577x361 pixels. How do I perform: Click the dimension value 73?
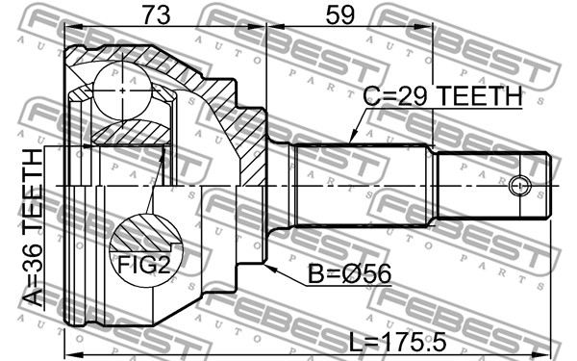coord(157,15)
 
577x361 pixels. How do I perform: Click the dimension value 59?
coord(340,15)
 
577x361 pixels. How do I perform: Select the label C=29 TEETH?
coord(442,95)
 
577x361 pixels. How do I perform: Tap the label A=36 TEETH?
coord(33,227)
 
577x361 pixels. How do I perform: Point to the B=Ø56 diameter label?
coord(350,274)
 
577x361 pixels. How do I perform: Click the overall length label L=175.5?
coord(397,342)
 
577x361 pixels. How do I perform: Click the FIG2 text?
coord(144,264)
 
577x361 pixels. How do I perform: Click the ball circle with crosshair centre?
coord(122,90)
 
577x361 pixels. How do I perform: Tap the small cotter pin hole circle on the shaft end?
coord(520,185)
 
